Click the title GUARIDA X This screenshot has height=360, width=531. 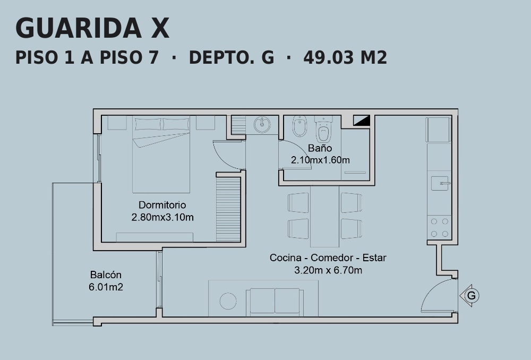(92, 28)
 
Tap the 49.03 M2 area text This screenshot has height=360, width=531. (345, 57)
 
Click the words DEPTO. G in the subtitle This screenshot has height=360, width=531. (232, 57)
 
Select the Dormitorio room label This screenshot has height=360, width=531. (162, 205)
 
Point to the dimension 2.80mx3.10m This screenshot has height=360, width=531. (162, 217)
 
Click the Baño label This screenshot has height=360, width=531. (320, 148)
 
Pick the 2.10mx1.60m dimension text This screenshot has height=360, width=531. (320, 160)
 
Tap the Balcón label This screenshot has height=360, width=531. (106, 275)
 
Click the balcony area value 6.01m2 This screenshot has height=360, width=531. (106, 287)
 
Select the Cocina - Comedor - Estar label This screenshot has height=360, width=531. (328, 258)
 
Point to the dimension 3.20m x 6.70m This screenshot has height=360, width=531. (328, 270)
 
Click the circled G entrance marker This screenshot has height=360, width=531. (471, 296)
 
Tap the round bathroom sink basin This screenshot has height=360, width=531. (262, 125)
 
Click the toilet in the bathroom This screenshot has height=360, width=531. (323, 130)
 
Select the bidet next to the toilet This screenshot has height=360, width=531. (299, 126)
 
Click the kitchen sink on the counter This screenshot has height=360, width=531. (440, 183)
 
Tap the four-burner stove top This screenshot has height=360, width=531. (439, 228)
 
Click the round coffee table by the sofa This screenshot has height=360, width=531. (228, 301)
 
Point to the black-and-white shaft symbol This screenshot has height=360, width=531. (362, 120)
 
